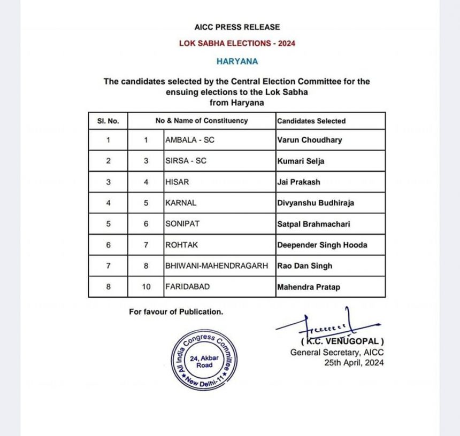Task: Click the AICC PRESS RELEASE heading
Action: coord(236,27)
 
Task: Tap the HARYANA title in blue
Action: coord(237,61)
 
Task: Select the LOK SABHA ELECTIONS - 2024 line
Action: coord(237,43)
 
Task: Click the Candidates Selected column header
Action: coord(311,121)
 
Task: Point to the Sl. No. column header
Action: coord(108,121)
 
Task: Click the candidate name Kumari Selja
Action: coord(301,161)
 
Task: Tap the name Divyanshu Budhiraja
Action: coord(316,203)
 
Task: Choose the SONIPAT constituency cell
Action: coord(182,224)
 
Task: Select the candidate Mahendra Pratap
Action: coord(309,287)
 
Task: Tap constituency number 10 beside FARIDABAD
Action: coord(146,287)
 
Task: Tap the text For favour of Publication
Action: coord(176,312)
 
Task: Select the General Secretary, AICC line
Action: coord(337,352)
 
